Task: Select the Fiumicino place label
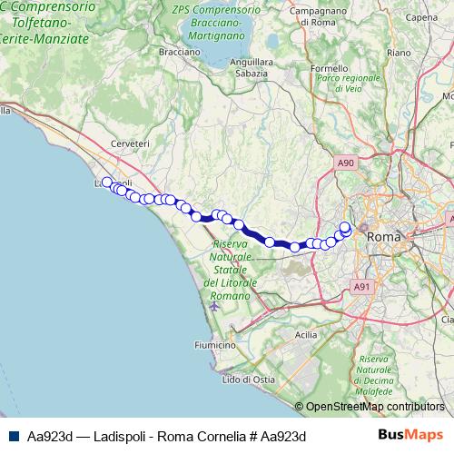click(190, 345)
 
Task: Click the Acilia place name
click(306, 335)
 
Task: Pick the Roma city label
click(381, 235)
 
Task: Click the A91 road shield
click(362, 286)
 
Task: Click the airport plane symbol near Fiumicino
click(213, 305)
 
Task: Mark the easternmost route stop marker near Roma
click(346, 230)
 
